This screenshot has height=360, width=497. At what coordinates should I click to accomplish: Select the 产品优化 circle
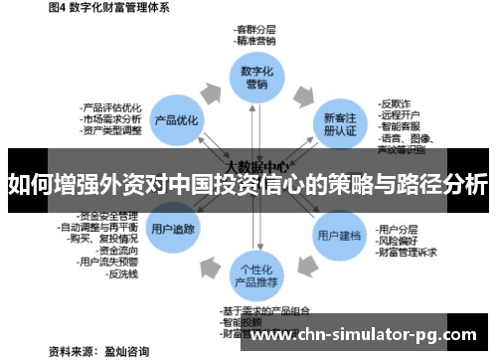[174, 119]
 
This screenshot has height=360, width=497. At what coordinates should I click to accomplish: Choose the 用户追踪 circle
[174, 229]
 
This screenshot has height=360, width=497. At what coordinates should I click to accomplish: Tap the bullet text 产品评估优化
[111, 106]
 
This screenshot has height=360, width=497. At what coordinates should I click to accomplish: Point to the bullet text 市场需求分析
[111, 118]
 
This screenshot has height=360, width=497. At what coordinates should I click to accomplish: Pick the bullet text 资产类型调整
[111, 130]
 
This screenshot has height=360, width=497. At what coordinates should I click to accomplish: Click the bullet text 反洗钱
[125, 272]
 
